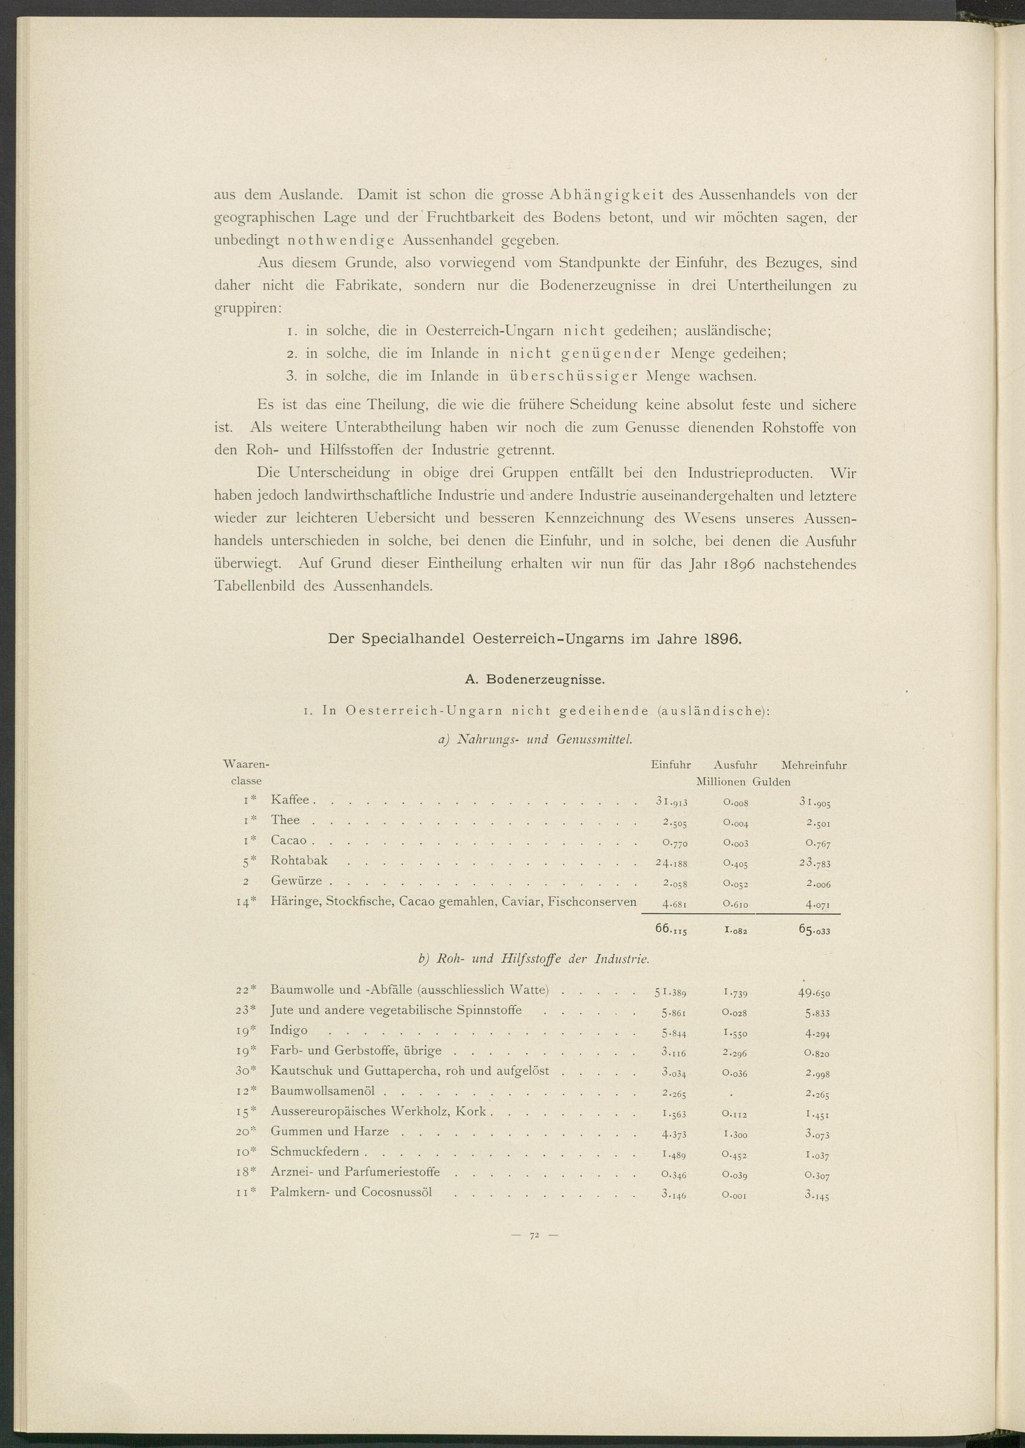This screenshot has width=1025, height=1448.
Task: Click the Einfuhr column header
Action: pos(670,766)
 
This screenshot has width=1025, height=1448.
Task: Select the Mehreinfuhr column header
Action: pos(813,766)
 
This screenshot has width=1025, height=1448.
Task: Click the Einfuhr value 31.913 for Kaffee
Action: pos(671,802)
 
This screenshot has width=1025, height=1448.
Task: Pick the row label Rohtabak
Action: pos(299,860)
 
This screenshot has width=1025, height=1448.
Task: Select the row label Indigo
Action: pos(289,1030)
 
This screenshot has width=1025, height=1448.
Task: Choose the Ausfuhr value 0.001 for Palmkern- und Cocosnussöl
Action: pos(734,1194)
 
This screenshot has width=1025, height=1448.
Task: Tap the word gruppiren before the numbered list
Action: pos(248,309)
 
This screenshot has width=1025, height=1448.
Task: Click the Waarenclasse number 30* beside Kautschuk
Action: pos(244,1071)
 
